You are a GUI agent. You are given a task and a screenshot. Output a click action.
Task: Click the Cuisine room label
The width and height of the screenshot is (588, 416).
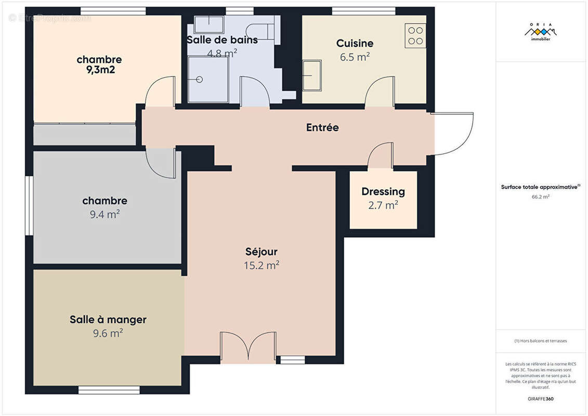point(355,44)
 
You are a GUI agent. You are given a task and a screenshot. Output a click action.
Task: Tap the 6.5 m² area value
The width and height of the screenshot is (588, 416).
point(355,57)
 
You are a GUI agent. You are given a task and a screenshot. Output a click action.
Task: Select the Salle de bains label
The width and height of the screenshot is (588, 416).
point(222,40)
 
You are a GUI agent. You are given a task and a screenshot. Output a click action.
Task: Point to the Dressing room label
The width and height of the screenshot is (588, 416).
point(383,192)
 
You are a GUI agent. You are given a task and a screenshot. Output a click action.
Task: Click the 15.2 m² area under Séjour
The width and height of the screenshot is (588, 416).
point(262,265)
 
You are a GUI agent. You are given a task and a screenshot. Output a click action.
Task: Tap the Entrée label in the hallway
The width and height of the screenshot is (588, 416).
point(322,127)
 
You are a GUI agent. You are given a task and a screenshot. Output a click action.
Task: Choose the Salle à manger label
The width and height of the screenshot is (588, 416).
point(108,320)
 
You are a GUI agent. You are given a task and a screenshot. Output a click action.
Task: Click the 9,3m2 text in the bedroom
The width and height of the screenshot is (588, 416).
point(100,70)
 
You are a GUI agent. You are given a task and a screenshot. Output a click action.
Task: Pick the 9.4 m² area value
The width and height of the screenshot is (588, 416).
point(104,214)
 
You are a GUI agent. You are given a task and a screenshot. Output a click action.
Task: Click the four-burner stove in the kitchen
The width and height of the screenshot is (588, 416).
point(415,36)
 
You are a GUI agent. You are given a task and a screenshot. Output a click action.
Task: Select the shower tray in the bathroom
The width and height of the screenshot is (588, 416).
point(206,80)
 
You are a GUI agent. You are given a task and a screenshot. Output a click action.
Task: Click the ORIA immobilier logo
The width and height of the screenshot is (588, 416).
point(541,32)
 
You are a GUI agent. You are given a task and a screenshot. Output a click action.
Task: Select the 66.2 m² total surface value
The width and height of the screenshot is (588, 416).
point(541,197)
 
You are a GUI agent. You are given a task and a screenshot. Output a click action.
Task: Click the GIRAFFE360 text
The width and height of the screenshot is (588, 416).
point(541,399)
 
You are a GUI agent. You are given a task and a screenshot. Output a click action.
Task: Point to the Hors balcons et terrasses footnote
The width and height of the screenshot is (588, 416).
point(541,341)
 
